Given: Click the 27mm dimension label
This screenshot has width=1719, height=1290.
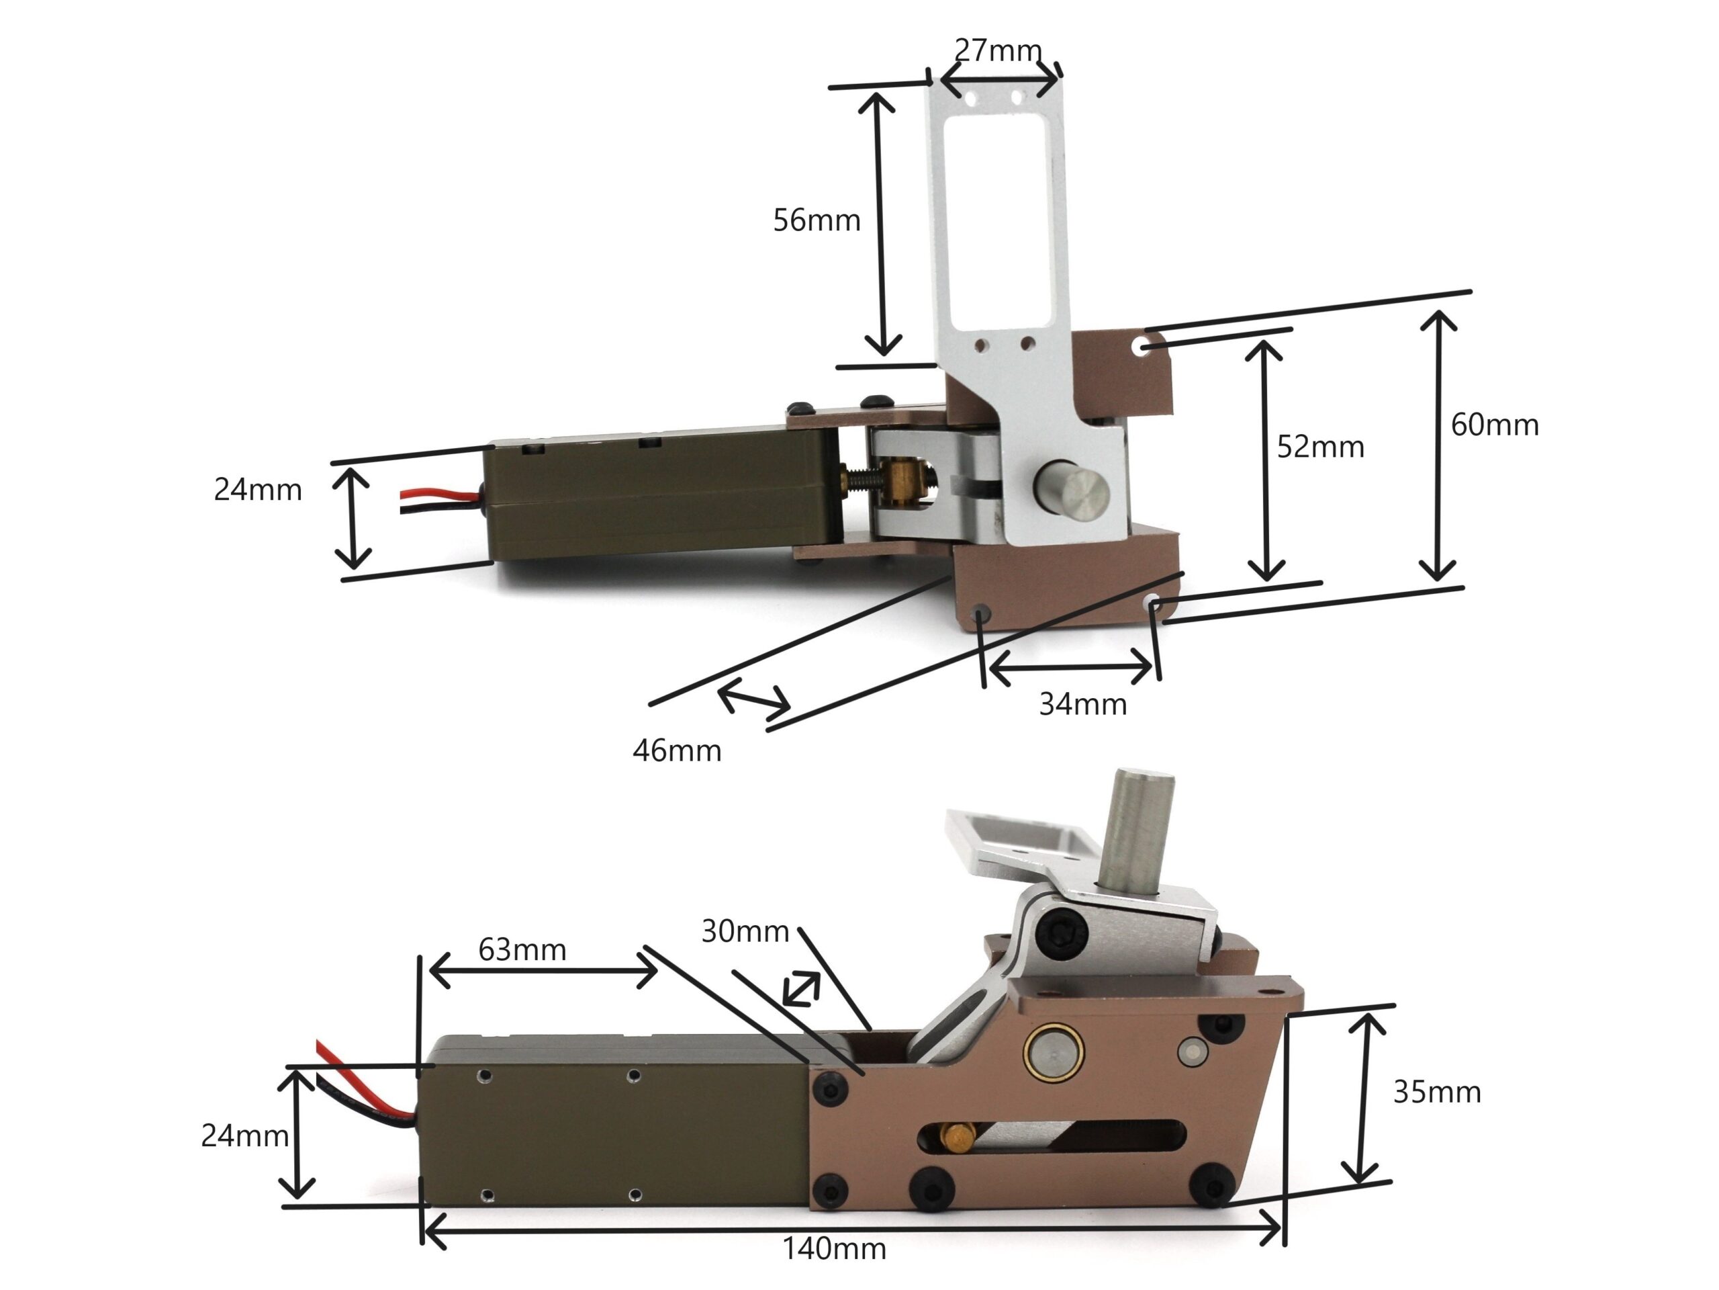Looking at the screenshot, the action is (998, 51).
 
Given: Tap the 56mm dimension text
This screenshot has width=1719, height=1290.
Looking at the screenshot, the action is (817, 221).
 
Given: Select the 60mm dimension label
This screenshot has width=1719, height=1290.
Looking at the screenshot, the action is (1495, 425).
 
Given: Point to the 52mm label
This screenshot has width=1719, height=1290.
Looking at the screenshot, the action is (1320, 447).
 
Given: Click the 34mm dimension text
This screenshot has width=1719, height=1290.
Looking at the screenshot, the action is (1082, 705).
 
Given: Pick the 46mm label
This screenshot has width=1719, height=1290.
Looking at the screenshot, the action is (677, 751).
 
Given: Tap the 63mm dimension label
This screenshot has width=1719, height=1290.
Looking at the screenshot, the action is (522, 950).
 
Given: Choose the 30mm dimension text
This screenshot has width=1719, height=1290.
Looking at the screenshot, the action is (745, 931).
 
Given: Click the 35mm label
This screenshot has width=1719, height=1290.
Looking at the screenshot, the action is (1437, 1092).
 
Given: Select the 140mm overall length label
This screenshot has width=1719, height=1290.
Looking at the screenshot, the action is (834, 1250).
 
